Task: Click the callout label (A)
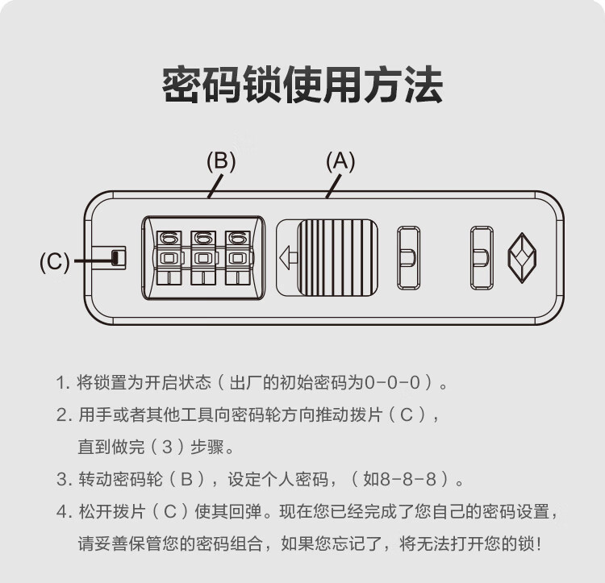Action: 340,161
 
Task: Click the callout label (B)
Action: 221,161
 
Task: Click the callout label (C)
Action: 54,261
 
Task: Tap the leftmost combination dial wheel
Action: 169,257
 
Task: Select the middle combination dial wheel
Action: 203,257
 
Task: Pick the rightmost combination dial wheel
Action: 238,257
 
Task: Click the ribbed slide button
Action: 337,257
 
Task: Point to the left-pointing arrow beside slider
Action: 288,257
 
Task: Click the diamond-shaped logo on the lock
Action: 522,257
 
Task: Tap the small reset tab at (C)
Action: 115,257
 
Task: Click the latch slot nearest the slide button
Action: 409,257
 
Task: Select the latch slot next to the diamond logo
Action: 482,257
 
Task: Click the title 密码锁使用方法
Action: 302,85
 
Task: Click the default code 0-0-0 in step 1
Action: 392,382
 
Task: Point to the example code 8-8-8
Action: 408,479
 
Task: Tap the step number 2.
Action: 62,415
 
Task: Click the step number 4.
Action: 62,512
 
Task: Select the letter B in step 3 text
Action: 187,479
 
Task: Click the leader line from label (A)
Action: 333,186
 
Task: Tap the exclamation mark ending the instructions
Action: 539,544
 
